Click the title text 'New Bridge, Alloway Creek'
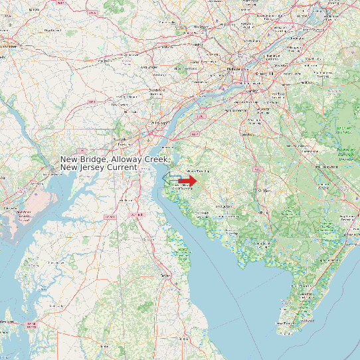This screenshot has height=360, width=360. coord(114,159)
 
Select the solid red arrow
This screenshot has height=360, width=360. coord(188,181)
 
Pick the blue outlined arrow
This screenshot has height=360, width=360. coord(171,177)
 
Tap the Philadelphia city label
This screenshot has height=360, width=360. coord(234,68)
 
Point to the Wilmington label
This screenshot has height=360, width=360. coord(159,124)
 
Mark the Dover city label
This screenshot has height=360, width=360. coord(165,275)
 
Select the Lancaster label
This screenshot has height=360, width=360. coord(8,46)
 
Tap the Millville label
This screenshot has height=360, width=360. coord(256,220)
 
